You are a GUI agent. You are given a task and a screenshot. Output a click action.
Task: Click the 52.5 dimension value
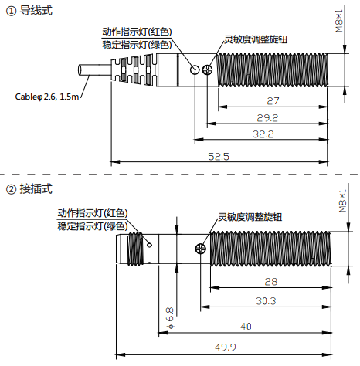219,157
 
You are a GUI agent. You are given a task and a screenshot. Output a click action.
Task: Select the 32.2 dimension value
263,134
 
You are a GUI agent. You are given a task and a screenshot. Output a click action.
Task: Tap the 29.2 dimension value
267,118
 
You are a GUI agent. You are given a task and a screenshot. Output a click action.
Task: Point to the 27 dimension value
273,101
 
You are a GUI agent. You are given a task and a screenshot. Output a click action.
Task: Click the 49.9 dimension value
226,347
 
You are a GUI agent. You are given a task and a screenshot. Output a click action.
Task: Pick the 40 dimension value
246,327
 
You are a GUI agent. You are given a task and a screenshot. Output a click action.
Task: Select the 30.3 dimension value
266,301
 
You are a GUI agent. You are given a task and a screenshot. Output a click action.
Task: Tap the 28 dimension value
271,282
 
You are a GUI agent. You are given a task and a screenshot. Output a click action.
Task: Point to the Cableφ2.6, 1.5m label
47,97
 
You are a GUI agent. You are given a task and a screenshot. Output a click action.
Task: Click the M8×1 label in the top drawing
339,21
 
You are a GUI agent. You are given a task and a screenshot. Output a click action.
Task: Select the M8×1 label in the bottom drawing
342,201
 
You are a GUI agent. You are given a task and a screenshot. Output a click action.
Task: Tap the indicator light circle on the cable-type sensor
195,69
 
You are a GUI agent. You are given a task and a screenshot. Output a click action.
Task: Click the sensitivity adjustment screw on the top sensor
207,69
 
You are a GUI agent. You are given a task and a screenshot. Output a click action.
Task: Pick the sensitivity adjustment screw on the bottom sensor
201,249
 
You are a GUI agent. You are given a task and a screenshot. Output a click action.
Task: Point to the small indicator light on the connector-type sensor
149,245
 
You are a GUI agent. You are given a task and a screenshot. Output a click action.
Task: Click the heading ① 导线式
29,11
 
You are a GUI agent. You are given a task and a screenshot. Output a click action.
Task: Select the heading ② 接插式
29,189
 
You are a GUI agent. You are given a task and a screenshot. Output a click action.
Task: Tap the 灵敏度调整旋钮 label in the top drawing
256,39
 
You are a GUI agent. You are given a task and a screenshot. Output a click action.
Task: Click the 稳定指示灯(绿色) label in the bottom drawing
93,226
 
